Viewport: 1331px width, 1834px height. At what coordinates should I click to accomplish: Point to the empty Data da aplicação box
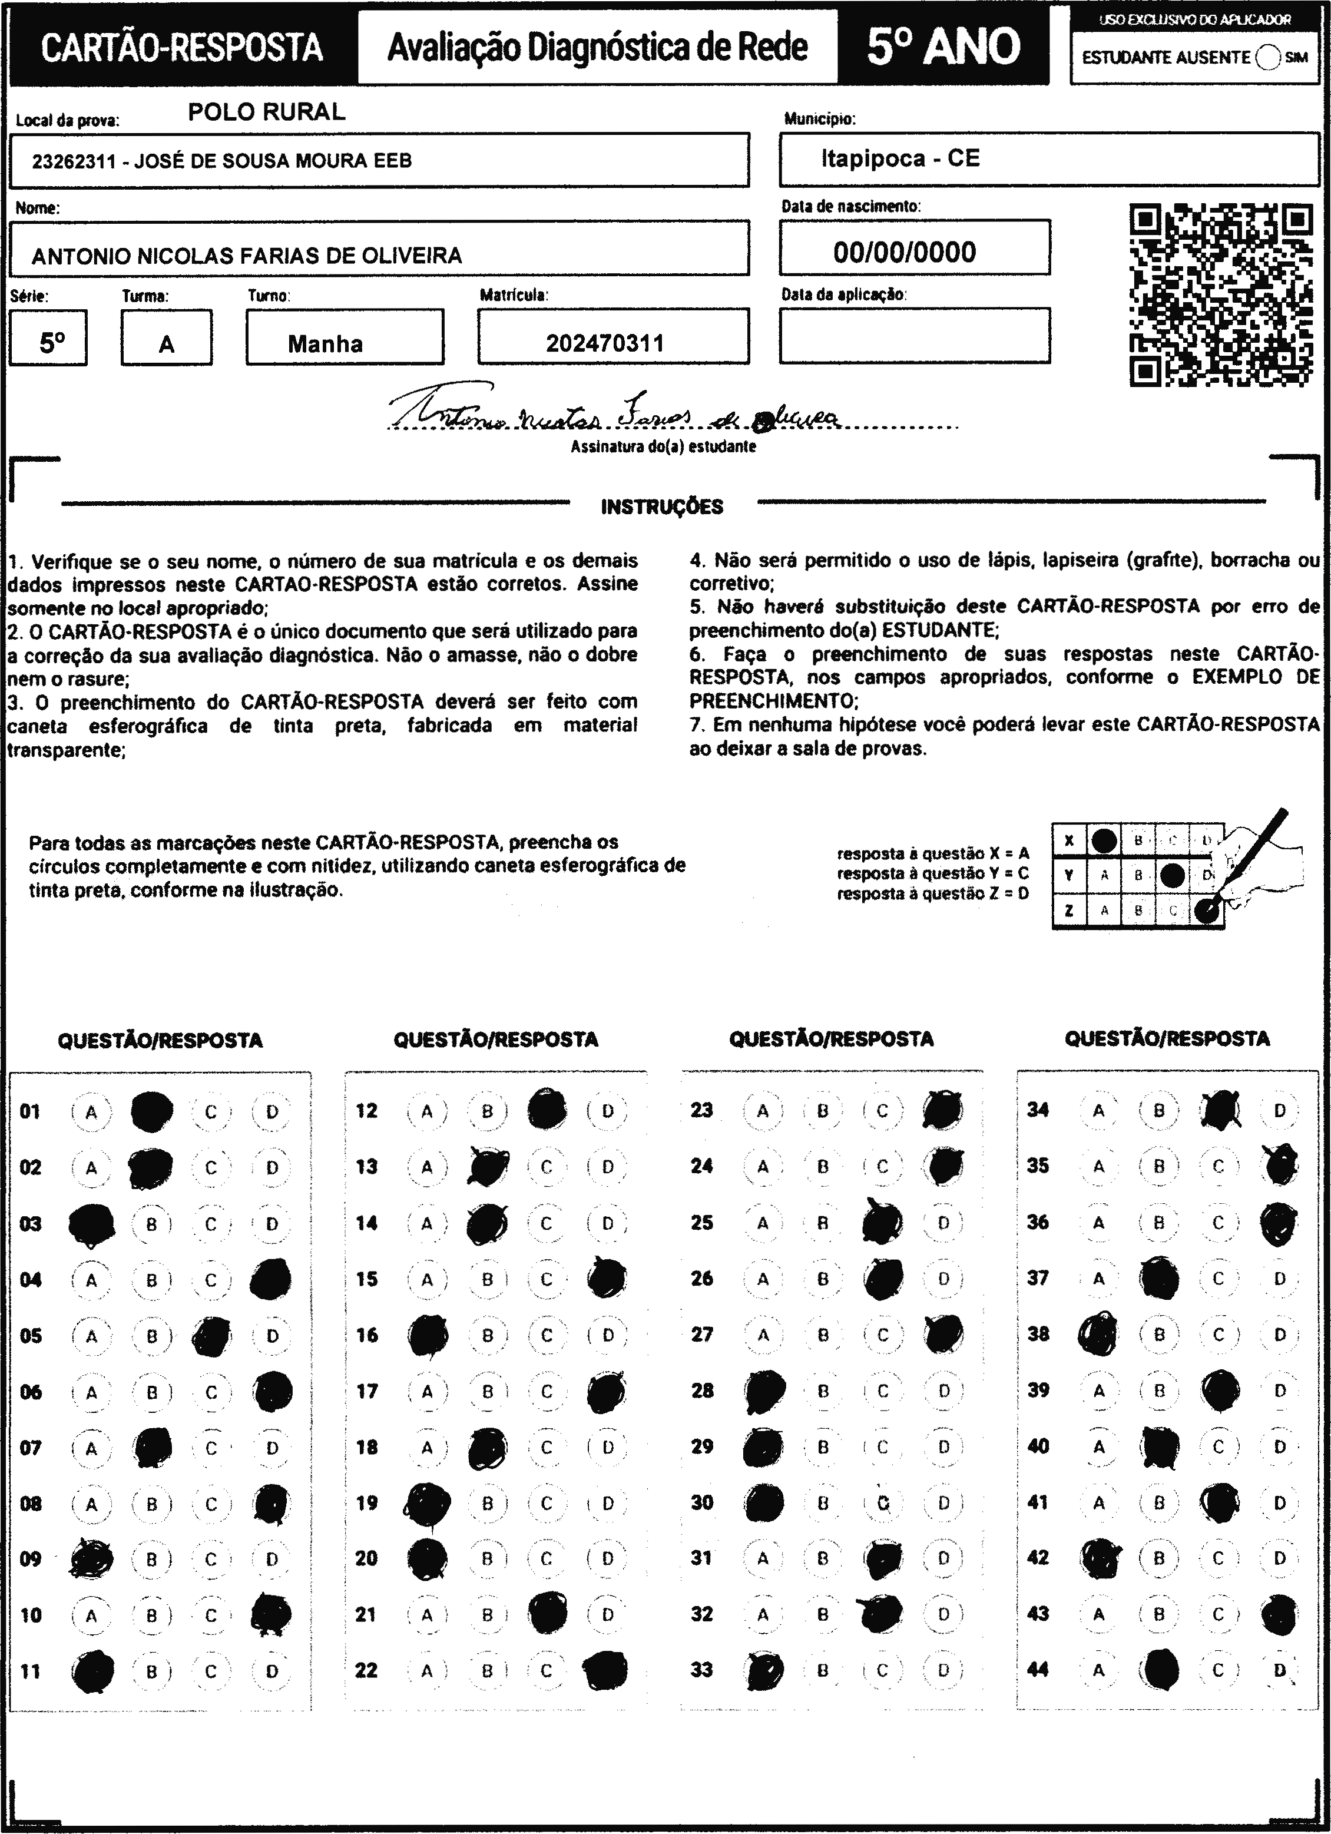[x=915, y=336]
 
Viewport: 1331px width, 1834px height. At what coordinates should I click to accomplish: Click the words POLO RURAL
[x=267, y=112]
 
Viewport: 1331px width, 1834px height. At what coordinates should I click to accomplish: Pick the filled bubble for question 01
[x=151, y=1112]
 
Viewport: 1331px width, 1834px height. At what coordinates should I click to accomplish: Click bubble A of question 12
[x=427, y=1112]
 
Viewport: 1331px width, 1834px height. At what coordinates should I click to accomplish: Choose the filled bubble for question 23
[x=943, y=1110]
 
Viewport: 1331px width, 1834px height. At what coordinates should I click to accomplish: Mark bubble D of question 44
[x=1279, y=1670]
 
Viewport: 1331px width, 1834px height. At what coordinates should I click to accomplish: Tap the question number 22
[x=366, y=1670]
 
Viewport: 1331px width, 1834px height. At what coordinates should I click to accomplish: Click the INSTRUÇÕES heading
[x=661, y=507]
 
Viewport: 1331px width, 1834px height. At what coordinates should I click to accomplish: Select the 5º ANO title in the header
[x=943, y=47]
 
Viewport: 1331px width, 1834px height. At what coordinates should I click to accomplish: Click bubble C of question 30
[x=883, y=1503]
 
